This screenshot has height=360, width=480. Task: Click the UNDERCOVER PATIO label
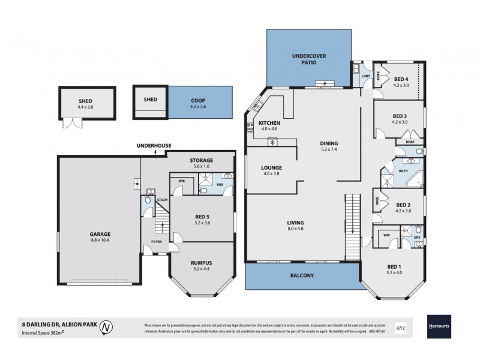tap(308, 59)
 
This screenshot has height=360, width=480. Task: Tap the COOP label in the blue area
tap(199, 100)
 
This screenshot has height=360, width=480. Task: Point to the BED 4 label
tap(401, 79)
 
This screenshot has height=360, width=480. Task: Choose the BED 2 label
tap(402, 204)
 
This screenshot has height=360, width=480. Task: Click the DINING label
tap(329, 143)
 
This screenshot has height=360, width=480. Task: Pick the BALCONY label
tap(302, 275)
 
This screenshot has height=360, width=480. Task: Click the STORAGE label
tap(200, 160)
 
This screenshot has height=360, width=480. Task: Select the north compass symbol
tap(106, 328)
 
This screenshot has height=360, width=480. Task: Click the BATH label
tap(404, 171)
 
